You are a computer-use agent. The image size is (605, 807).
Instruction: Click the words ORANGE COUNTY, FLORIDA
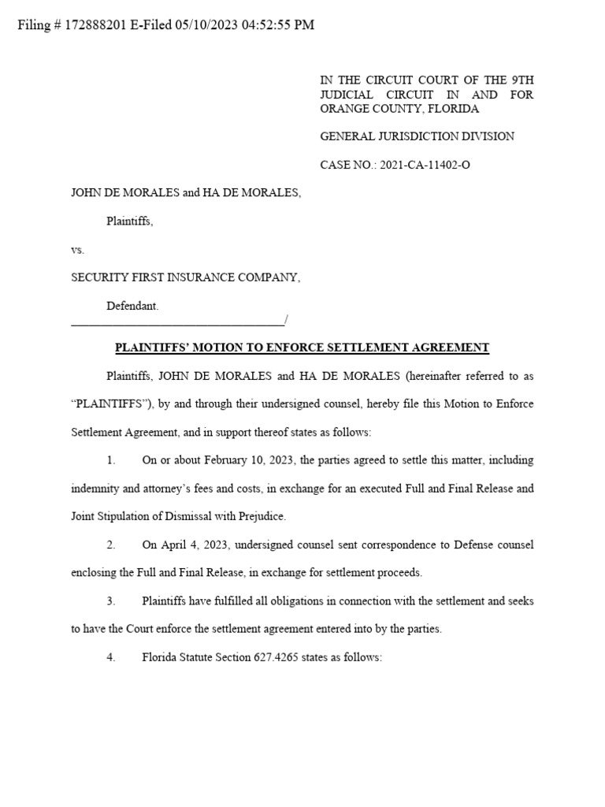[399, 109]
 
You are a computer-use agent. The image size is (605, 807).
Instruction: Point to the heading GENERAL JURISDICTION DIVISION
[417, 136]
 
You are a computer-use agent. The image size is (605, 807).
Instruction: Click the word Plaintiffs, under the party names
[130, 221]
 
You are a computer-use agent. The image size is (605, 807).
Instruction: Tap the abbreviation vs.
[77, 250]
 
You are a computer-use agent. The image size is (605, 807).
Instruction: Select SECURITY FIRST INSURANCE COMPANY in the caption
[185, 277]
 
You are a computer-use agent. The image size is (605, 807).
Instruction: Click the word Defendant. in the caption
[132, 305]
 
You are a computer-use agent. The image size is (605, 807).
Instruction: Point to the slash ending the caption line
[286, 320]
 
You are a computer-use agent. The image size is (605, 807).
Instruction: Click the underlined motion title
[302, 348]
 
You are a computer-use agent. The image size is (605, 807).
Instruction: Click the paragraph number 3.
[111, 601]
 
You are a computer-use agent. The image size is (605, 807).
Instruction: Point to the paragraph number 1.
[111, 460]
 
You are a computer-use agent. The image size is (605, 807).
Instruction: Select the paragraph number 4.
[111, 657]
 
